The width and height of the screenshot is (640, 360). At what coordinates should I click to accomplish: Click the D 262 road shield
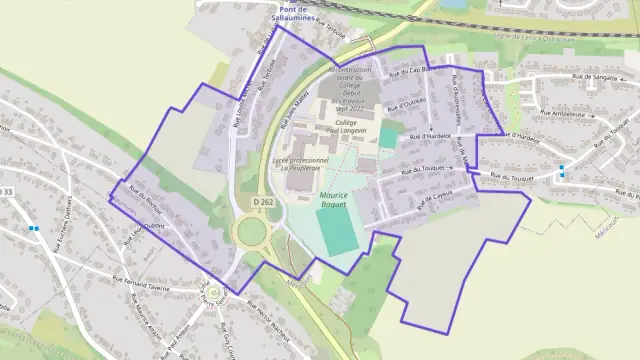(263, 202)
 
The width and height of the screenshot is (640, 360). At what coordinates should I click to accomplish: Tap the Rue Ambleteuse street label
(571, 115)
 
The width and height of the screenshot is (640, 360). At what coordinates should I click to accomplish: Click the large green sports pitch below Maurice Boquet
(337, 230)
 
